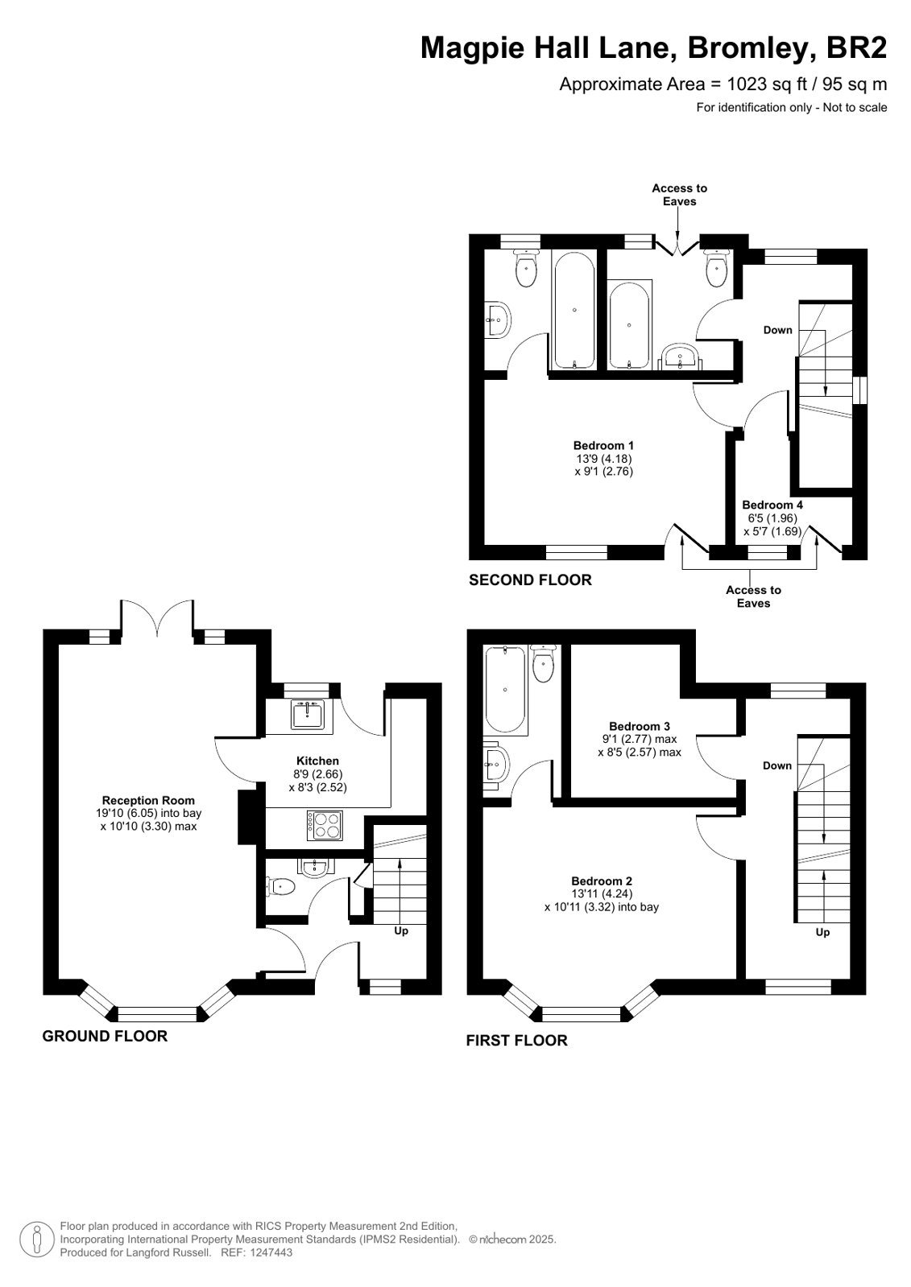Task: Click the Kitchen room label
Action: pos(317,761)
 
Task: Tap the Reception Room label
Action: pos(148,800)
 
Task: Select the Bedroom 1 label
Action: pos(603,445)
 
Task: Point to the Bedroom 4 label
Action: pos(772,505)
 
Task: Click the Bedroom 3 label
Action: pos(640,726)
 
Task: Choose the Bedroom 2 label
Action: pos(602,881)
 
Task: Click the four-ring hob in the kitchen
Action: pos(325,826)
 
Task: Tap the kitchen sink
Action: pos(308,714)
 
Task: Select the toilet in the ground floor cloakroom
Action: pos(280,887)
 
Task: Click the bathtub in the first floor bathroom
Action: pos(505,690)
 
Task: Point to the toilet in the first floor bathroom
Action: pos(543,663)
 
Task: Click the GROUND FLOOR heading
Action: pos(105,1036)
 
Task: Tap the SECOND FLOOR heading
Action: pos(530,580)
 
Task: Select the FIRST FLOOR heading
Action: pos(516,1041)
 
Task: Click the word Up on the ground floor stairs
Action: pos(401,930)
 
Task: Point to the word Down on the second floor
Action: pos(777,330)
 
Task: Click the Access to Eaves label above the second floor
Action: pos(679,195)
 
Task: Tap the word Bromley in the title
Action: pos(752,47)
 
